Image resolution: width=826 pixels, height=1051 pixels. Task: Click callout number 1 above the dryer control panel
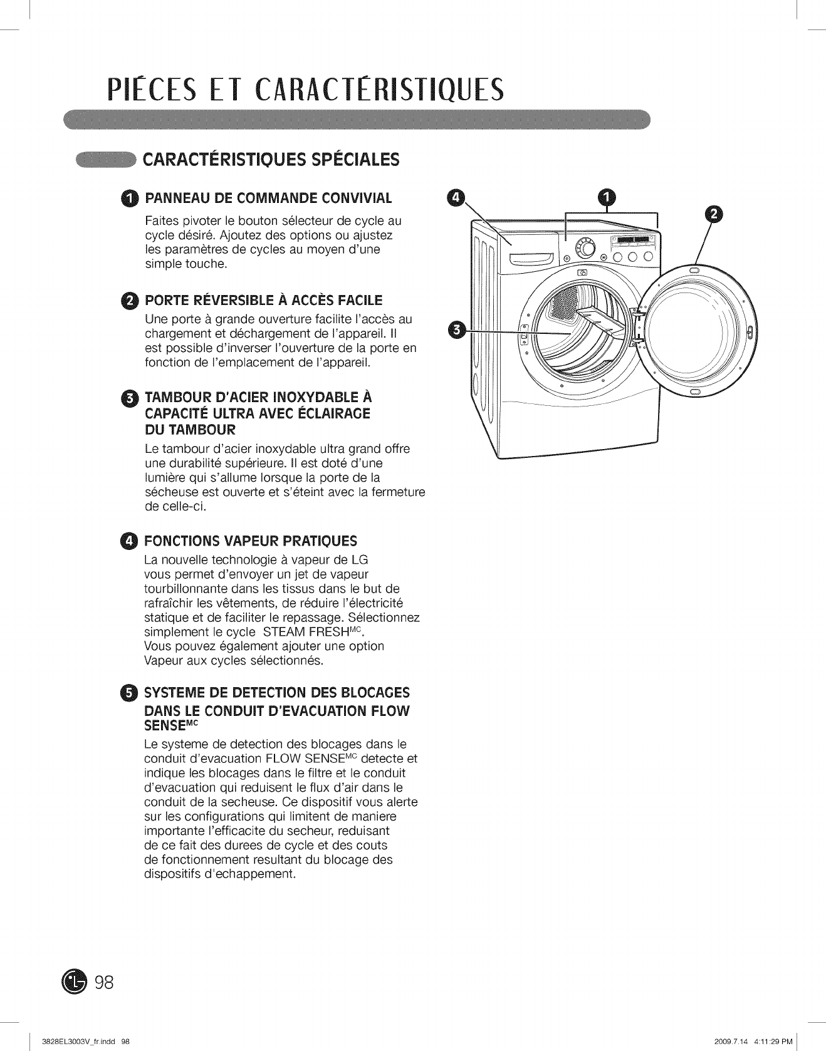click(607, 197)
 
